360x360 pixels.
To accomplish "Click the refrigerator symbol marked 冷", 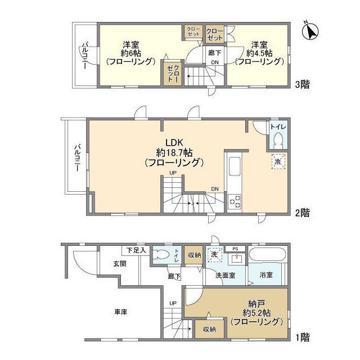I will coord(278,161).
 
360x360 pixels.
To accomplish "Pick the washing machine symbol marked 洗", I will coord(214,254).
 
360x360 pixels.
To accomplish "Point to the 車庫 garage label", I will coord(119,312).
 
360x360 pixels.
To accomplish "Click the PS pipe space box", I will coord(236,248).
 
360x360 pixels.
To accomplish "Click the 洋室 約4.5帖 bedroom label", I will coord(259,53).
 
